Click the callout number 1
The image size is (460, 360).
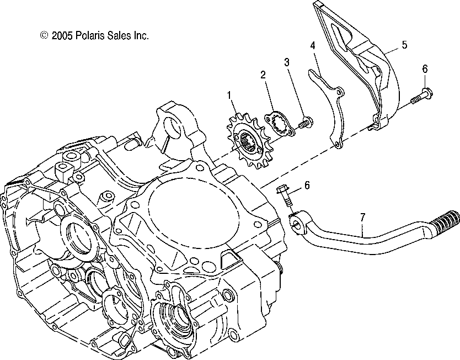coord(228,96)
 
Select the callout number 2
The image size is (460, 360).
coord(263,74)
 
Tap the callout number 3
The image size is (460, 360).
coord(287,62)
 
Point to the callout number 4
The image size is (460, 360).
coord(312,45)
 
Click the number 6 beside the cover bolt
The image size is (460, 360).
coord(425,68)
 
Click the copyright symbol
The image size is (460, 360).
coord(44,35)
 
